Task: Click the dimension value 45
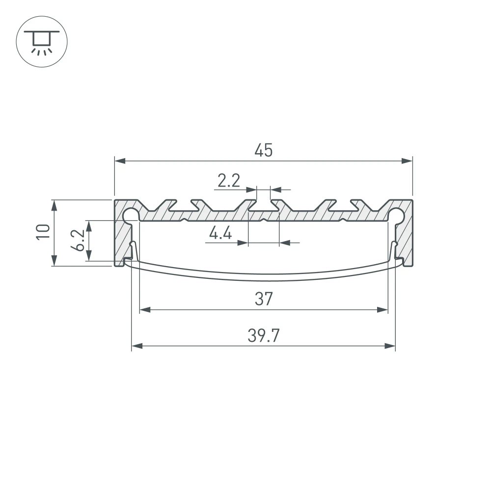(x=263, y=151)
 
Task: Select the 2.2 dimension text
(x=228, y=182)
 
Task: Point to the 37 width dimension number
(x=263, y=299)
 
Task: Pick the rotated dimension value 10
(x=43, y=232)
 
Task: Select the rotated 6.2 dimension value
(x=78, y=241)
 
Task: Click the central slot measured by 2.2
(x=264, y=205)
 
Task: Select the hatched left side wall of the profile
(x=120, y=241)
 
